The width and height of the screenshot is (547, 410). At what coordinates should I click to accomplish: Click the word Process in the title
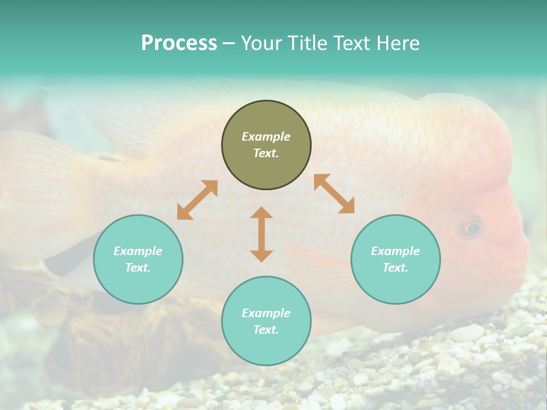tap(179, 43)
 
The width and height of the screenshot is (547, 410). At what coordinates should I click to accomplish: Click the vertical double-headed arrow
tap(262, 234)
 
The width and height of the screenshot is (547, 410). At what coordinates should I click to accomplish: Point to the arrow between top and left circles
tap(197, 200)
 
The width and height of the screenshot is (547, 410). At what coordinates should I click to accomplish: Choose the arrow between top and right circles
tap(334, 194)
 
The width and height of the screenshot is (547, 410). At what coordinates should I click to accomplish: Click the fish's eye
tap(471, 228)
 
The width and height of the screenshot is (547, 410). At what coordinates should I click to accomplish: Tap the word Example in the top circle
tap(266, 137)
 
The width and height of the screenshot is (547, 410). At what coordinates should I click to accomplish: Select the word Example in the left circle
tap(138, 251)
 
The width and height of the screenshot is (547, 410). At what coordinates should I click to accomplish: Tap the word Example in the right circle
tap(395, 251)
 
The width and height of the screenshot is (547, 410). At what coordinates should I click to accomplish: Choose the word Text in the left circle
tap(137, 268)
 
